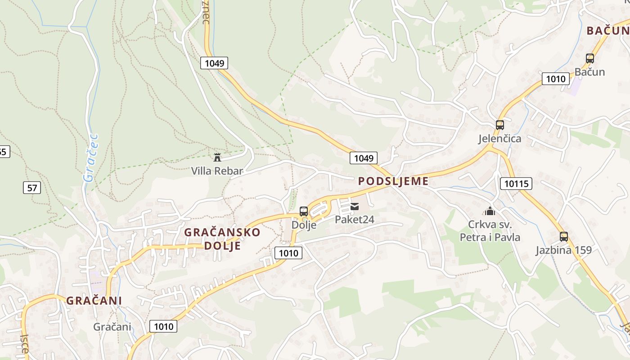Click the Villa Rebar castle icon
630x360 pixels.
point(217,157)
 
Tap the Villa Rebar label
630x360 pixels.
point(217,171)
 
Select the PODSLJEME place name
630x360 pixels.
point(393,181)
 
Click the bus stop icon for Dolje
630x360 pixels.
point(304,211)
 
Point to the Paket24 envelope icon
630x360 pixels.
point(355,207)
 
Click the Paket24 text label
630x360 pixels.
point(355,220)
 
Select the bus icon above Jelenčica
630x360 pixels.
point(500,125)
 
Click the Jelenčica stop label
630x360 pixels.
point(499,139)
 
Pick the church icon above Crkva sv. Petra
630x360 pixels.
point(490,211)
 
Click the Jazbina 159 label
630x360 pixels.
point(563,250)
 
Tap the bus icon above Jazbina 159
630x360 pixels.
point(564,237)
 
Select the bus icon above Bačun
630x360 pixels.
point(590,58)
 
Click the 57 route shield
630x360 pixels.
point(32,187)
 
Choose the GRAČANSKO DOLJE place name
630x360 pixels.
point(222,239)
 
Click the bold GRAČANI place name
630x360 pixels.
point(94,301)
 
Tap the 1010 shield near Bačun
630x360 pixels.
point(556,79)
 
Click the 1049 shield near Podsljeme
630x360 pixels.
point(364,158)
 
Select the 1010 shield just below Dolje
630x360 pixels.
point(288,253)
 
